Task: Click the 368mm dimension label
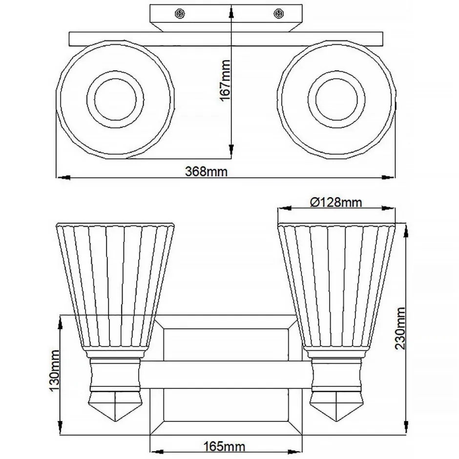pyautogui.click(x=206, y=172)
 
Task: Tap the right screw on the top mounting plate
pyautogui.click(x=279, y=14)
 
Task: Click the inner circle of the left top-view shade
pyautogui.click(x=116, y=101)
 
